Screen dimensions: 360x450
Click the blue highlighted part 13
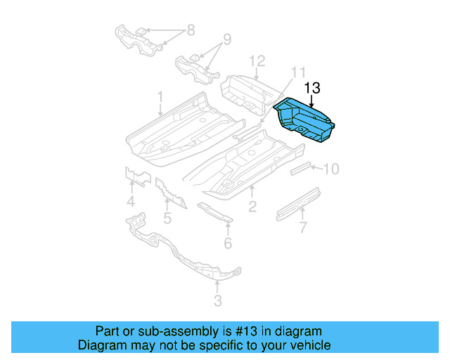(x=306, y=121)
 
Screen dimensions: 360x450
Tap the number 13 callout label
(x=312, y=88)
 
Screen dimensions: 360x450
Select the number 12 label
(x=257, y=60)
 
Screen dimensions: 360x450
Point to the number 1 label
(x=160, y=96)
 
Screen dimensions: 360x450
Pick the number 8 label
(x=190, y=32)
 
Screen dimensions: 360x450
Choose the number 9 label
(x=226, y=39)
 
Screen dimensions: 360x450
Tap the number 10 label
(x=330, y=169)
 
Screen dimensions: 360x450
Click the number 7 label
(x=303, y=226)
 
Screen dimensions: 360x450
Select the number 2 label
(x=252, y=206)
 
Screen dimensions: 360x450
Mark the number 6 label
(x=228, y=243)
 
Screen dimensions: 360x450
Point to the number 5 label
(x=167, y=218)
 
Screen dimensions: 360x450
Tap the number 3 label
(x=217, y=301)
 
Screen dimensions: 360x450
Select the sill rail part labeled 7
(x=299, y=202)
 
